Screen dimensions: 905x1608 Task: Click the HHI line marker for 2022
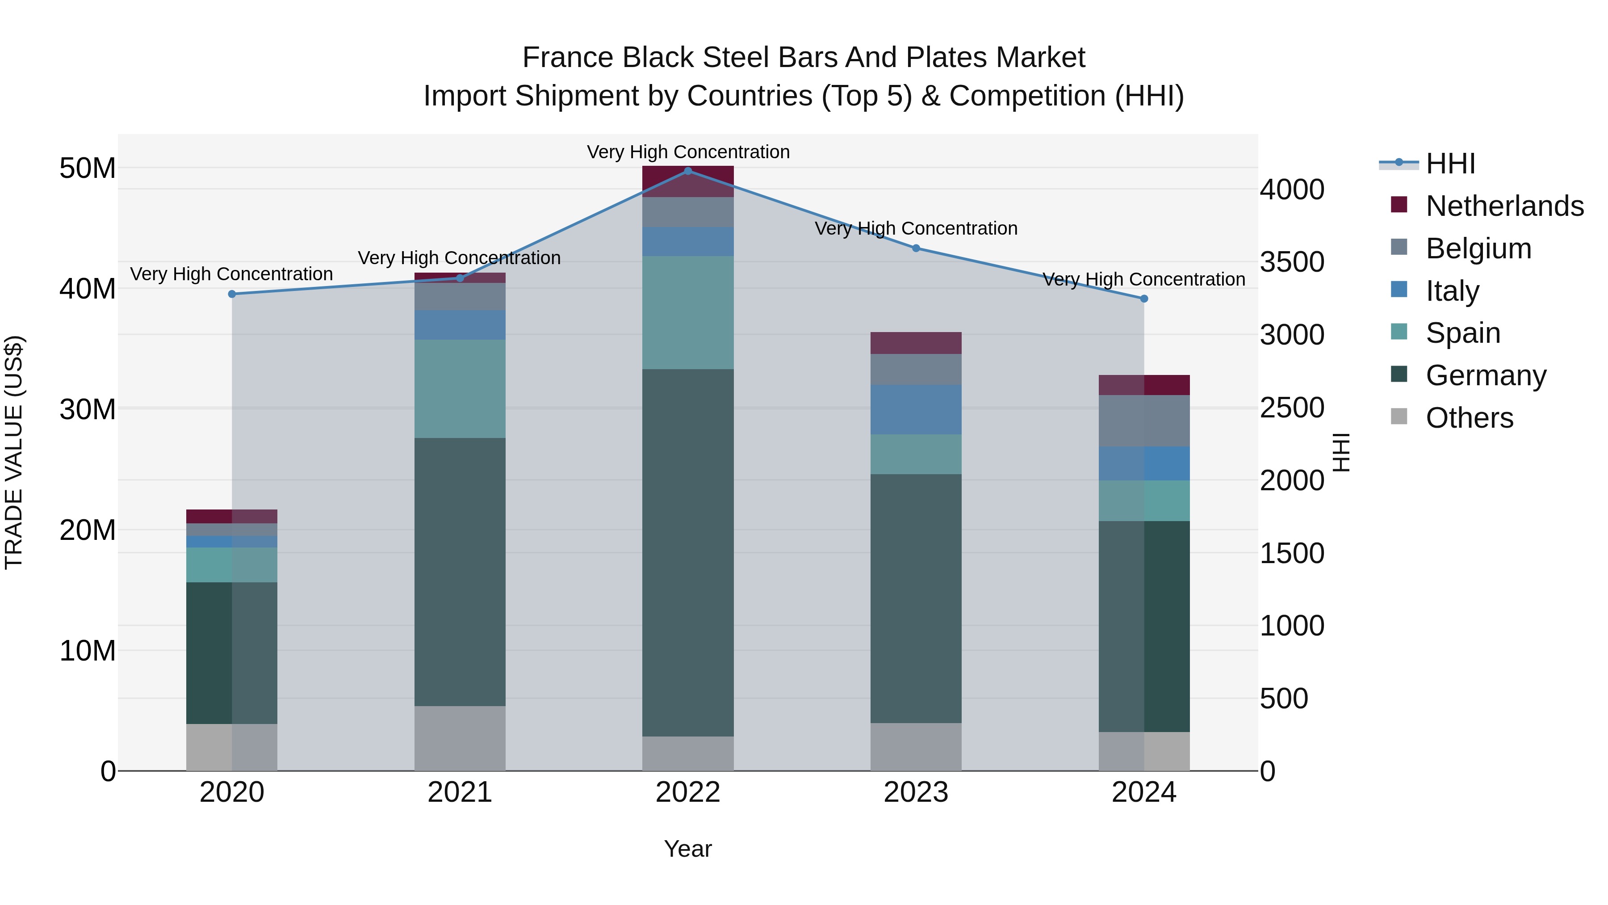(x=688, y=171)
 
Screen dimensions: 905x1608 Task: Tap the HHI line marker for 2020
(x=232, y=294)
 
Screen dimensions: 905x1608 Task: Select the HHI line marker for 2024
(x=1144, y=299)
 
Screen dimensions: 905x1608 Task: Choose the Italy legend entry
(x=1452, y=291)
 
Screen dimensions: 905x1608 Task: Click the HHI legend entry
(x=1450, y=164)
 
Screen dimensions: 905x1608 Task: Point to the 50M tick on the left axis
(x=88, y=168)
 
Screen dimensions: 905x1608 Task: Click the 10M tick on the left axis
(x=88, y=651)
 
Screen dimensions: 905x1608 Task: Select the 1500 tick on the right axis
(x=1291, y=553)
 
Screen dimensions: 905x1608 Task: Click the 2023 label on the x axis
(x=916, y=792)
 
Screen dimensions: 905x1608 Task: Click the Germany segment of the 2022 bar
(x=688, y=553)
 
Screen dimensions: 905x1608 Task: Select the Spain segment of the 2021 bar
(x=460, y=389)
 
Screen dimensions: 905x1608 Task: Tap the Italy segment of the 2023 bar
(x=916, y=410)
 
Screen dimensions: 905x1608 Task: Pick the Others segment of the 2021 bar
(x=460, y=738)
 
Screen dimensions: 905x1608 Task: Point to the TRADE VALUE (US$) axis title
(x=14, y=452)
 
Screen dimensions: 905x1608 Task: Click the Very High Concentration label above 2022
(x=688, y=152)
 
